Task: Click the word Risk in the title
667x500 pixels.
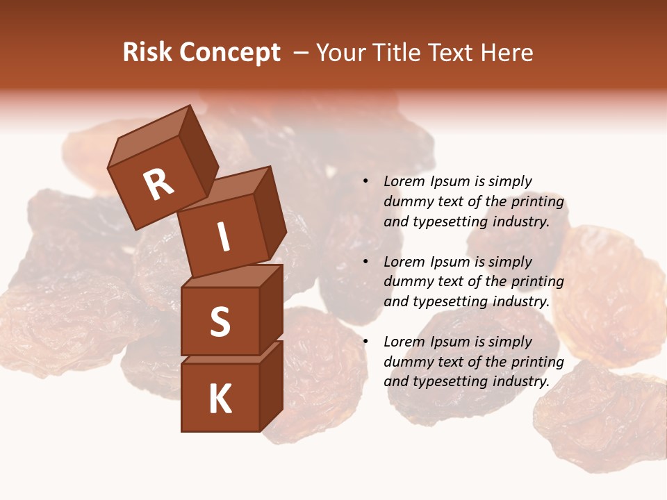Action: pos(147,53)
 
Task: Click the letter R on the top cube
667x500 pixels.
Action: pos(158,184)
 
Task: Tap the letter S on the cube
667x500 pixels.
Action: pos(220,322)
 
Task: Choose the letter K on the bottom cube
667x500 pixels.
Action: pos(220,399)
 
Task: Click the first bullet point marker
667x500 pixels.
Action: pos(365,181)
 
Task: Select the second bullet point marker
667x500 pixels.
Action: pos(365,262)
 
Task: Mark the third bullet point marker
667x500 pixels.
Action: pos(365,342)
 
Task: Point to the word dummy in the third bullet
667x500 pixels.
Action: pos(407,362)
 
